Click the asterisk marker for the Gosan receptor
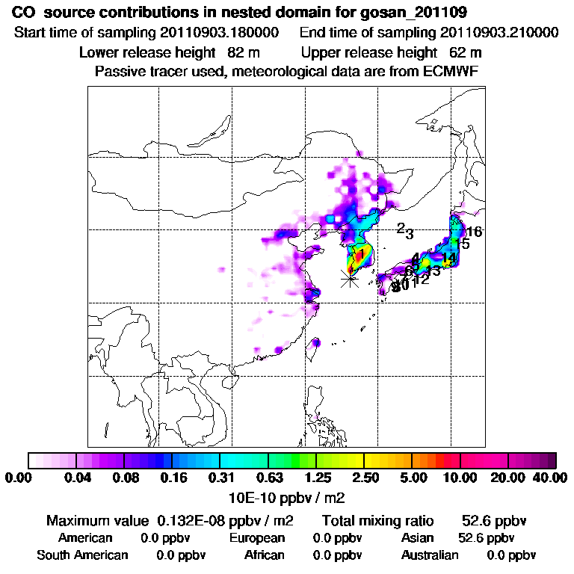349,279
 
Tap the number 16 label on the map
474,232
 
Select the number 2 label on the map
401,228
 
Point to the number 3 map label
410,234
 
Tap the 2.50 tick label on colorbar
365,478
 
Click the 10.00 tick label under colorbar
460,478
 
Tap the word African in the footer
264,555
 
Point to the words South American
82,555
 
